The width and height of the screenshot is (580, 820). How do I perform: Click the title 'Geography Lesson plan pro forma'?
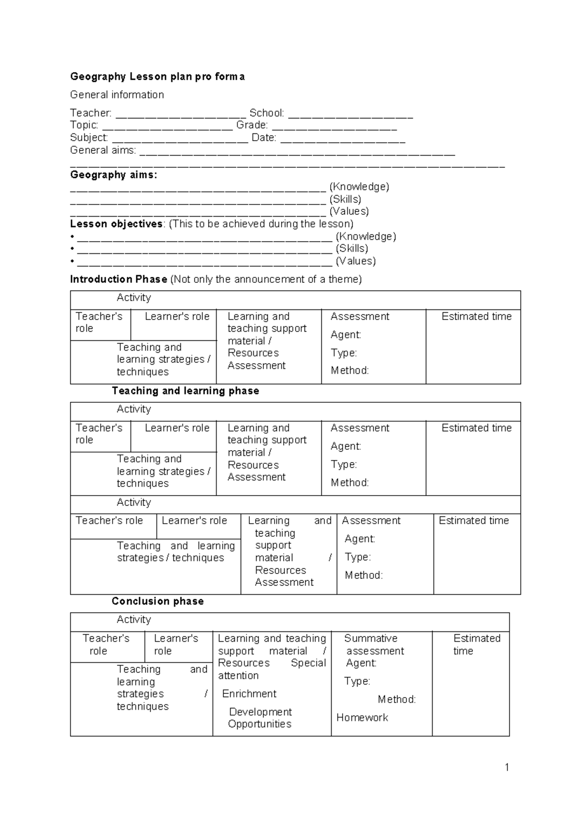pos(157,76)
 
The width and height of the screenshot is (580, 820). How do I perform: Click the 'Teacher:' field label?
pos(91,113)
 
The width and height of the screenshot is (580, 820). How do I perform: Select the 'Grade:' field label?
pos(252,125)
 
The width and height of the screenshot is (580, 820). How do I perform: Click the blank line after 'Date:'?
pos(343,141)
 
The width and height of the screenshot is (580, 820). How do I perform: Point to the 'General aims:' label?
pos(103,150)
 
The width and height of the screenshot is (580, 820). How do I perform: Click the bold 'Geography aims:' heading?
pos(114,175)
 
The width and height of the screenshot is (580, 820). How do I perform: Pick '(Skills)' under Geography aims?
pos(345,199)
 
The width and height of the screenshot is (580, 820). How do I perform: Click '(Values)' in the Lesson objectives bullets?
pos(356,261)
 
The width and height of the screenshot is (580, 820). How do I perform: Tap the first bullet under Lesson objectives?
pos(72,237)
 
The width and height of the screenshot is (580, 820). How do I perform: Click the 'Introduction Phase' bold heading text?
pos(118,279)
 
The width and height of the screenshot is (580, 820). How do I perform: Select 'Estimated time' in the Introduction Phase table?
pos(476,317)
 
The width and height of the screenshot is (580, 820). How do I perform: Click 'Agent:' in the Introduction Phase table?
pos(346,335)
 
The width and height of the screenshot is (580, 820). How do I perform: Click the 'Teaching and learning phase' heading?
pos(185,391)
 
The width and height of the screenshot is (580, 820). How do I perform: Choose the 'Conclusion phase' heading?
pos(158,601)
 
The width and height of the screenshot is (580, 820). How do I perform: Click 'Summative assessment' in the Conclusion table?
pos(373,644)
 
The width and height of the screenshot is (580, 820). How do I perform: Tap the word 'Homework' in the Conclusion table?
pos(362,717)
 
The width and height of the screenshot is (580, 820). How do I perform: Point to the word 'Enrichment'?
pos(249,694)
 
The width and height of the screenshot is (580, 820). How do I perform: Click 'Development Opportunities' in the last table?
pos(260,718)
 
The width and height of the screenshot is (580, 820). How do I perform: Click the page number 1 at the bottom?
pos(507,767)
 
